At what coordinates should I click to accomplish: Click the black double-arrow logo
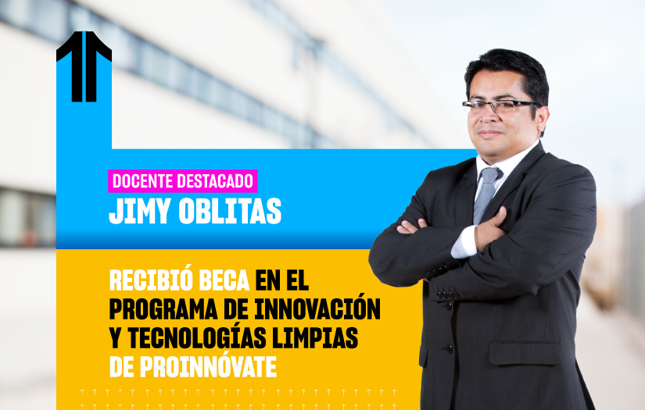click(84, 66)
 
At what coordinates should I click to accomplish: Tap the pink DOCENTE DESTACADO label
click(183, 181)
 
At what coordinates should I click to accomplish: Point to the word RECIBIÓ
click(151, 280)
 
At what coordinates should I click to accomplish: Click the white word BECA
click(224, 281)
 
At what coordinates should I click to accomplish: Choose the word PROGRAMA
click(163, 308)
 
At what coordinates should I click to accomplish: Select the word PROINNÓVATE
click(208, 366)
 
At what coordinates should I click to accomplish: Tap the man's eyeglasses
click(500, 106)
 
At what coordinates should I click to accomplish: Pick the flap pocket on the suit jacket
click(525, 352)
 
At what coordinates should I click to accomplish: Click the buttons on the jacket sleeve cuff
click(447, 294)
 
